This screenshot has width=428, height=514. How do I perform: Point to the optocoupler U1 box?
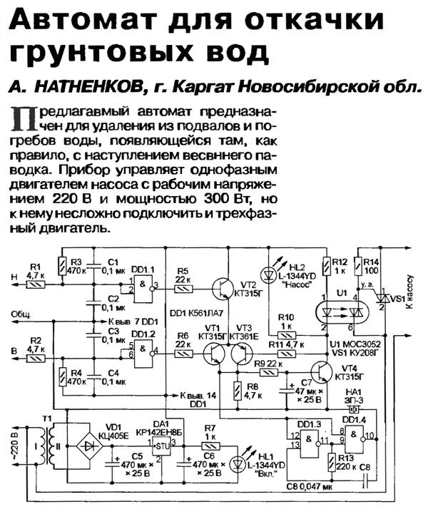tap(340, 312)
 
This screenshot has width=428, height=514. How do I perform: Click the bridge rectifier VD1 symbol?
tap(88, 442)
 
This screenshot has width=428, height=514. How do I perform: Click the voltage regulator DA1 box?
tap(164, 448)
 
